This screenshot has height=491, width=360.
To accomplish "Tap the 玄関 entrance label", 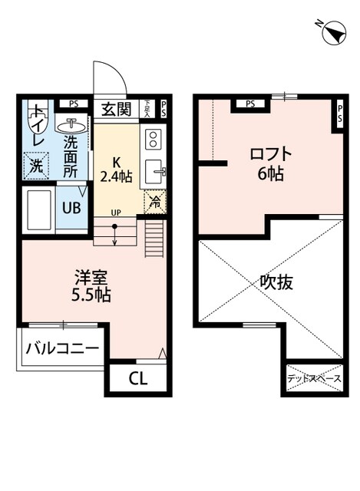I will click(x=117, y=108).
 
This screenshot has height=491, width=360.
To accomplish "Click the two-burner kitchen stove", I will click(x=152, y=139).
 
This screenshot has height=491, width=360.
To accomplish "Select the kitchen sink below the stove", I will click(x=154, y=171).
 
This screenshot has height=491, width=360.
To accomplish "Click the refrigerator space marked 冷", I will click(x=154, y=203).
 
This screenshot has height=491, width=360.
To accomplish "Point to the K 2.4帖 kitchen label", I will click(x=117, y=170).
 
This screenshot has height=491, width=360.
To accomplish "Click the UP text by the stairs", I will click(x=115, y=213).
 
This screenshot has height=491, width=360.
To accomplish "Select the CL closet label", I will click(x=137, y=377).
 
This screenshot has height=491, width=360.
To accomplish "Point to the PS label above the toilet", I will click(x=73, y=104).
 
